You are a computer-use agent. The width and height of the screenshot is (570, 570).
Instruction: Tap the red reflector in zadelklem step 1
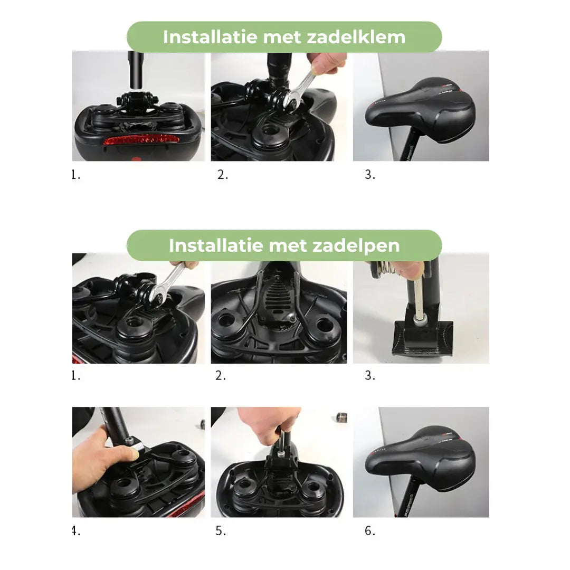tap(140, 140)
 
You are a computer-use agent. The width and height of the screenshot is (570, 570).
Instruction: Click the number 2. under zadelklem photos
tap(223, 175)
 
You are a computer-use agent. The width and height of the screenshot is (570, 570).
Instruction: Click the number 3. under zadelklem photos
tap(370, 175)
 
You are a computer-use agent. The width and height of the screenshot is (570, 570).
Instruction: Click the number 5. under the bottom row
tap(221, 531)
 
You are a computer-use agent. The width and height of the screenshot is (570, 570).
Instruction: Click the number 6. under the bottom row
tap(370, 531)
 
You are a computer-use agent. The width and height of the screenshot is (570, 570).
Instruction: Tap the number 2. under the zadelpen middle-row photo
tap(221, 376)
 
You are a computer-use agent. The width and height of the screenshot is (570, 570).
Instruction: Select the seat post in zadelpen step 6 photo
tap(412, 499)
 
